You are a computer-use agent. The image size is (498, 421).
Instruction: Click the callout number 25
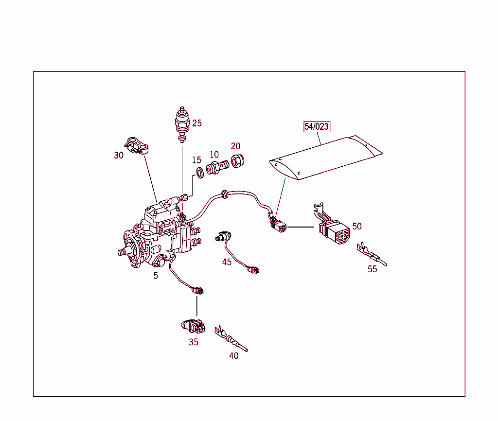pyautogui.click(x=196, y=123)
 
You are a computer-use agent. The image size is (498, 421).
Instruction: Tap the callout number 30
pyautogui.click(x=119, y=156)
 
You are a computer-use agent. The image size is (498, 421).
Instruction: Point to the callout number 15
pyautogui.click(x=196, y=160)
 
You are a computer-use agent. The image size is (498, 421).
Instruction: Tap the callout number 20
pyautogui.click(x=235, y=146)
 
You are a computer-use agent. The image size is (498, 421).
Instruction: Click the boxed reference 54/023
pyautogui.click(x=317, y=127)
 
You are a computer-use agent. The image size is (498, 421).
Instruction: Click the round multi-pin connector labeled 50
pyautogui.click(x=335, y=233)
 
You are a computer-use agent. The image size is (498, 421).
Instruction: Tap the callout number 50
pyautogui.click(x=357, y=227)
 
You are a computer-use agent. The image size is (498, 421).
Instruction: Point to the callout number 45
pyautogui.click(x=227, y=262)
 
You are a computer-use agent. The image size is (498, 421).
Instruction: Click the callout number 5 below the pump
pyautogui.click(x=156, y=276)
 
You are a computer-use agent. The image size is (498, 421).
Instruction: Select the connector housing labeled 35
pyautogui.click(x=193, y=326)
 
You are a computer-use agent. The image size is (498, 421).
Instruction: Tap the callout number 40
pyautogui.click(x=234, y=356)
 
